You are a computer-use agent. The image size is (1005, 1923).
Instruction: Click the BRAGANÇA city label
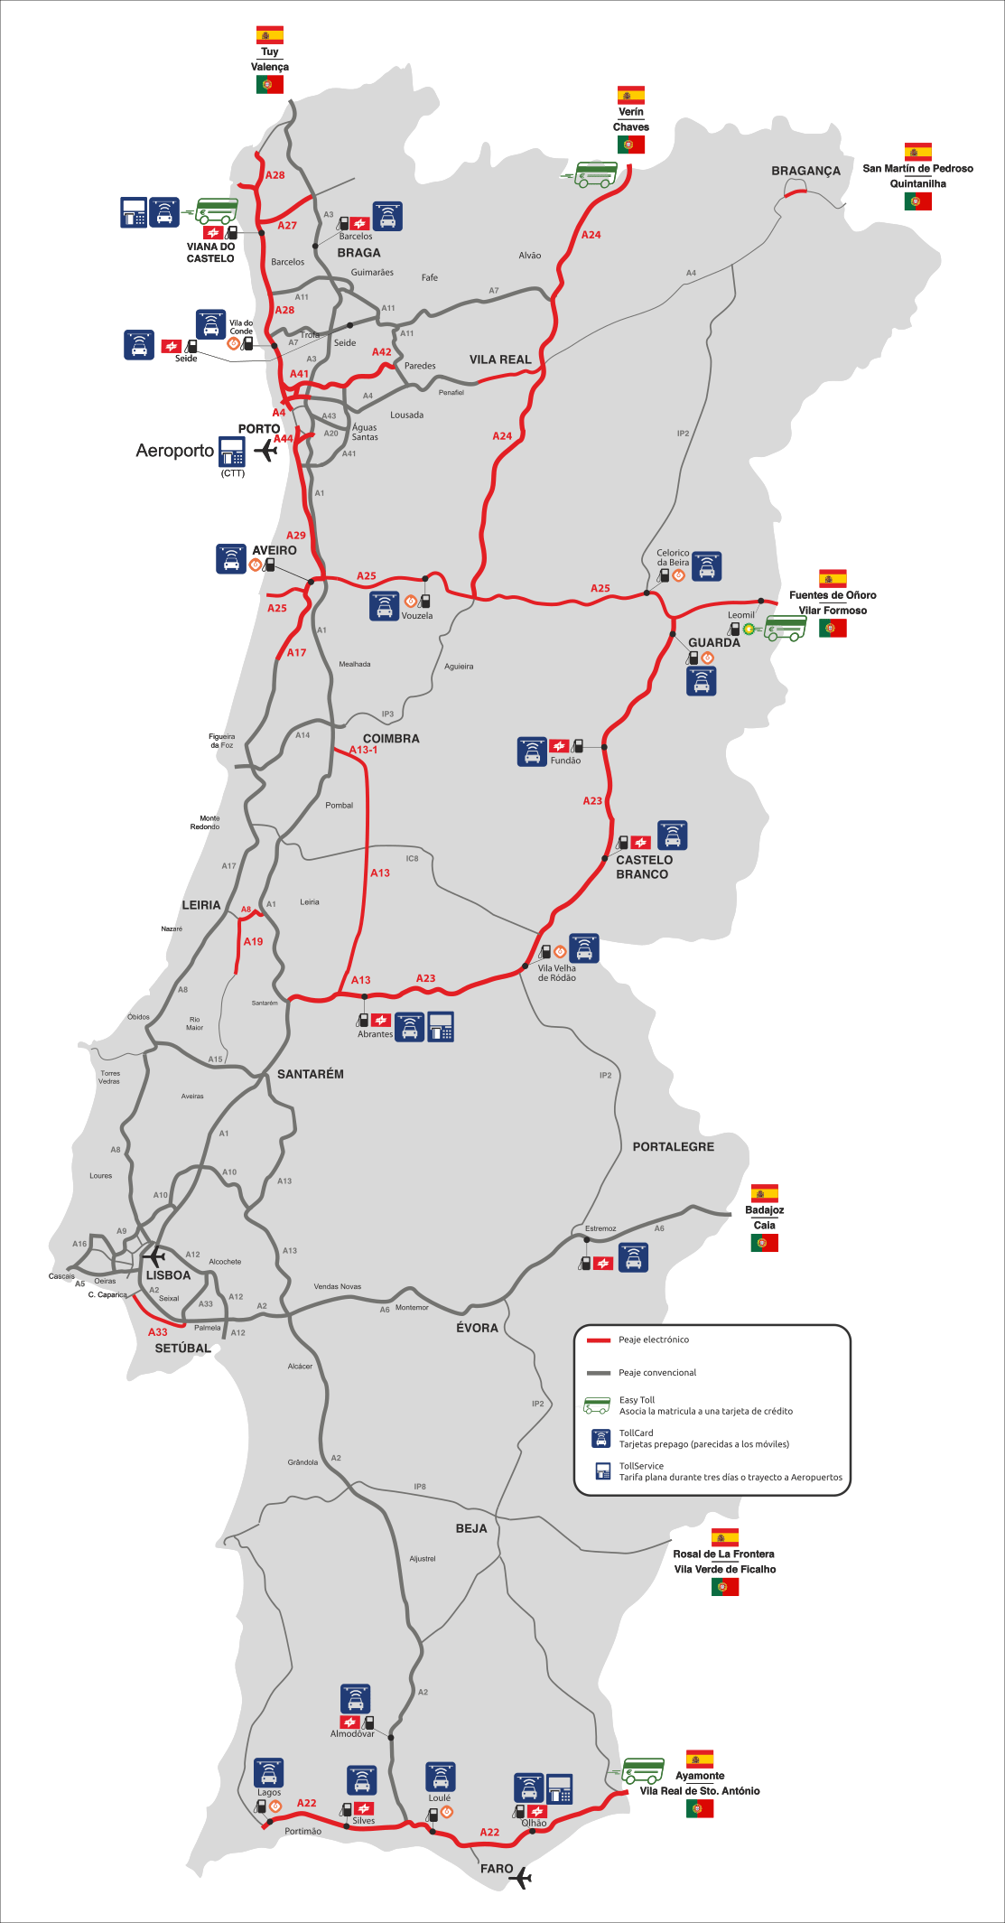pyautogui.click(x=805, y=171)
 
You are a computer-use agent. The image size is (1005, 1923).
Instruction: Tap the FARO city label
pyautogui.click(x=497, y=1869)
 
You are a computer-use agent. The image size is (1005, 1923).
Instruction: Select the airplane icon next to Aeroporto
pyautogui.click(x=266, y=450)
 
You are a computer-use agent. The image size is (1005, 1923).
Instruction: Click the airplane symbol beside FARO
pyautogui.click(x=521, y=1879)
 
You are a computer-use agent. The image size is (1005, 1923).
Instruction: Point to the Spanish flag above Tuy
pyautogui.click(x=269, y=35)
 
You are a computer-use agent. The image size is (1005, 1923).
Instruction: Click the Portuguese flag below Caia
pyautogui.click(x=764, y=1243)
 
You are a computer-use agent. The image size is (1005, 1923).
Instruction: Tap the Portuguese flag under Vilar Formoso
pyautogui.click(x=833, y=628)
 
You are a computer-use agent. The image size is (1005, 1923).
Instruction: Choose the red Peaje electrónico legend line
pyautogui.click(x=599, y=1340)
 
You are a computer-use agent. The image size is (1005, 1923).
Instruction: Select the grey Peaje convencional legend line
pyautogui.click(x=599, y=1373)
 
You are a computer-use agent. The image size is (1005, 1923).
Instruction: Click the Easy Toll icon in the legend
pyautogui.click(x=597, y=1405)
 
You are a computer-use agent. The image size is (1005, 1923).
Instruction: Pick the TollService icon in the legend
pyautogui.click(x=602, y=1470)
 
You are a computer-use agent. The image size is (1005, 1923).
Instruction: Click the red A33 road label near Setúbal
pyautogui.click(x=158, y=1331)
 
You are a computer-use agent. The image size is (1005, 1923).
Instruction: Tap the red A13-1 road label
pyautogui.click(x=363, y=750)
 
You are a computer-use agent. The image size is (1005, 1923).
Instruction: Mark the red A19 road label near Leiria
pyautogui.click(x=253, y=941)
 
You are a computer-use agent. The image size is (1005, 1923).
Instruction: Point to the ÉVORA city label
pyautogui.click(x=477, y=1328)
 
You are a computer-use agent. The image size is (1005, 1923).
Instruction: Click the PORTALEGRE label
pyautogui.click(x=673, y=1146)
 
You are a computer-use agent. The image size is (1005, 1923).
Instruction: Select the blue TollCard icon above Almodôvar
pyautogui.click(x=356, y=1698)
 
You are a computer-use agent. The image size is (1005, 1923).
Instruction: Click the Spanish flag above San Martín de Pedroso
pyautogui.click(x=917, y=152)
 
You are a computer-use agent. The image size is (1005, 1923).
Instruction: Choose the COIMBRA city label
pyautogui.click(x=391, y=738)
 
